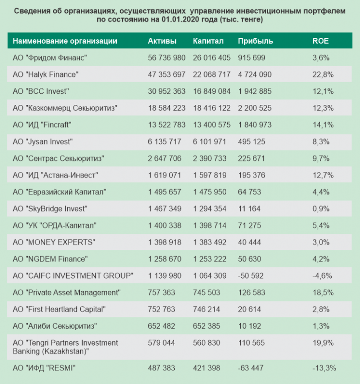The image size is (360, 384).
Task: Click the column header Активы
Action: point(162,41)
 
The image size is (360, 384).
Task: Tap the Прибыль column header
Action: point(255,41)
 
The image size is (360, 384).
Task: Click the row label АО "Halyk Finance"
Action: point(46,74)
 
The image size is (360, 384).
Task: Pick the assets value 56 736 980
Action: point(166,57)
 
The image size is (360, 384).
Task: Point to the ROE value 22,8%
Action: point(323,74)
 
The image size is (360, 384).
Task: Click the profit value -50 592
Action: point(251,276)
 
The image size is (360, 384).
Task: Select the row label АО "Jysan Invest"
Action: point(43,141)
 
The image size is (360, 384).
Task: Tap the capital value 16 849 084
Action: point(212,91)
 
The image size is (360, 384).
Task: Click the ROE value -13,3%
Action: point(324,367)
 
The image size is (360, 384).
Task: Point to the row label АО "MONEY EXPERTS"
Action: point(54,242)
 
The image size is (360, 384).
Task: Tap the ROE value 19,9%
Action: point(323,343)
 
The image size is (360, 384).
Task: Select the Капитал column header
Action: point(208,41)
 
